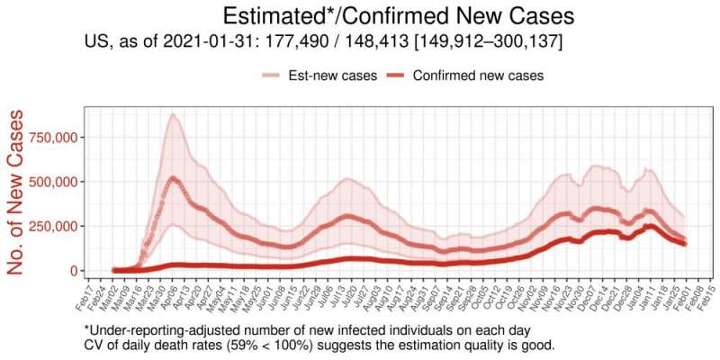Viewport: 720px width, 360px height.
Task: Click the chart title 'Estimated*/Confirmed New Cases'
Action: pos(399,17)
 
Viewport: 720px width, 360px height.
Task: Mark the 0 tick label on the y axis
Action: pos(73,270)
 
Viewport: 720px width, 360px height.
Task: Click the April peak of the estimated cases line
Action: pos(173,179)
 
